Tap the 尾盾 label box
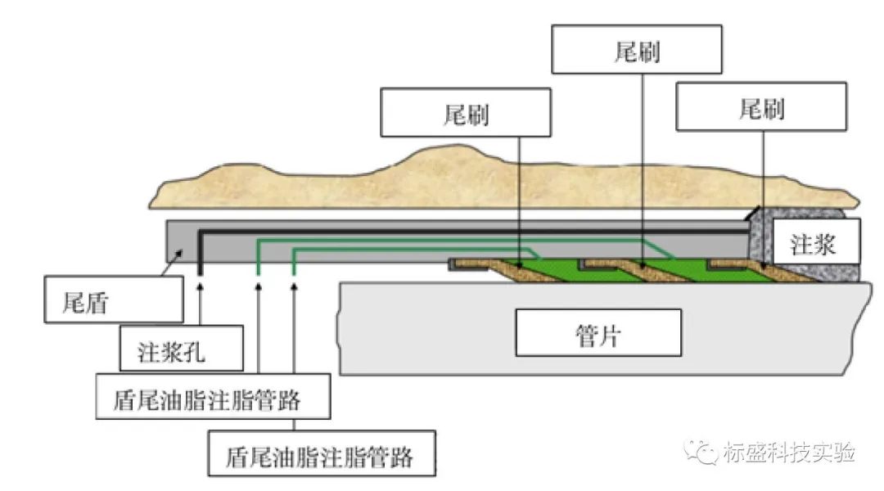pos(112,300)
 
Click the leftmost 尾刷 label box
pos(466,114)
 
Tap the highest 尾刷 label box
pos(637,50)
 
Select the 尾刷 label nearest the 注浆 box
pos(761,107)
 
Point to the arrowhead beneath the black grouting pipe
pos(200,287)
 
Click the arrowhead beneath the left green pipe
pos(259,287)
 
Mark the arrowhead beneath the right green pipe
pos(294,287)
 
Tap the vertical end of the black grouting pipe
pos(200,254)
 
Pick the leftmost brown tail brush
pos(524,271)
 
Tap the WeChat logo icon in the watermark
pos(702,452)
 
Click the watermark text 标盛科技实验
pos(789,453)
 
